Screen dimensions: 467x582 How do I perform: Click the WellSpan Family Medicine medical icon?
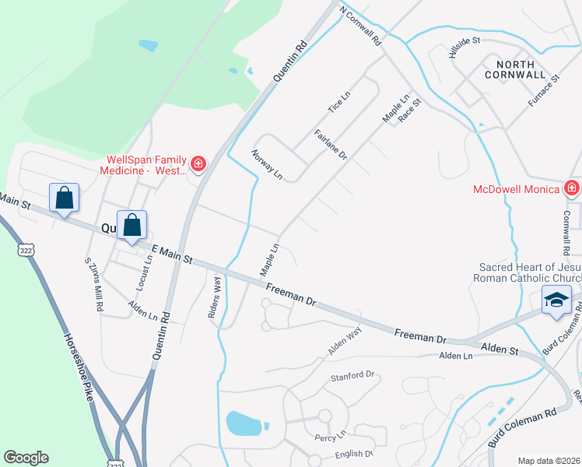(198, 163)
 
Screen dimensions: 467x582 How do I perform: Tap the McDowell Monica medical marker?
(572, 188)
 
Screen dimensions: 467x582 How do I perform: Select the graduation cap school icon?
(556, 300)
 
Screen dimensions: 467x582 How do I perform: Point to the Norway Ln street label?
(267, 164)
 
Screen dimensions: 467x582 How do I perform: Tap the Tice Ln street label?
(340, 102)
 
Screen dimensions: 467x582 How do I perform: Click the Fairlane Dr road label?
(331, 145)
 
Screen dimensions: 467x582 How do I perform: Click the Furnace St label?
(544, 90)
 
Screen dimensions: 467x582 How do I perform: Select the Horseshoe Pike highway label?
(80, 370)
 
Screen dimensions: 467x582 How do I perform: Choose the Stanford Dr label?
(352, 376)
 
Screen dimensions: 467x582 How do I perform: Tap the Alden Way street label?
(345, 341)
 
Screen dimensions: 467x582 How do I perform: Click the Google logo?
(26, 458)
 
